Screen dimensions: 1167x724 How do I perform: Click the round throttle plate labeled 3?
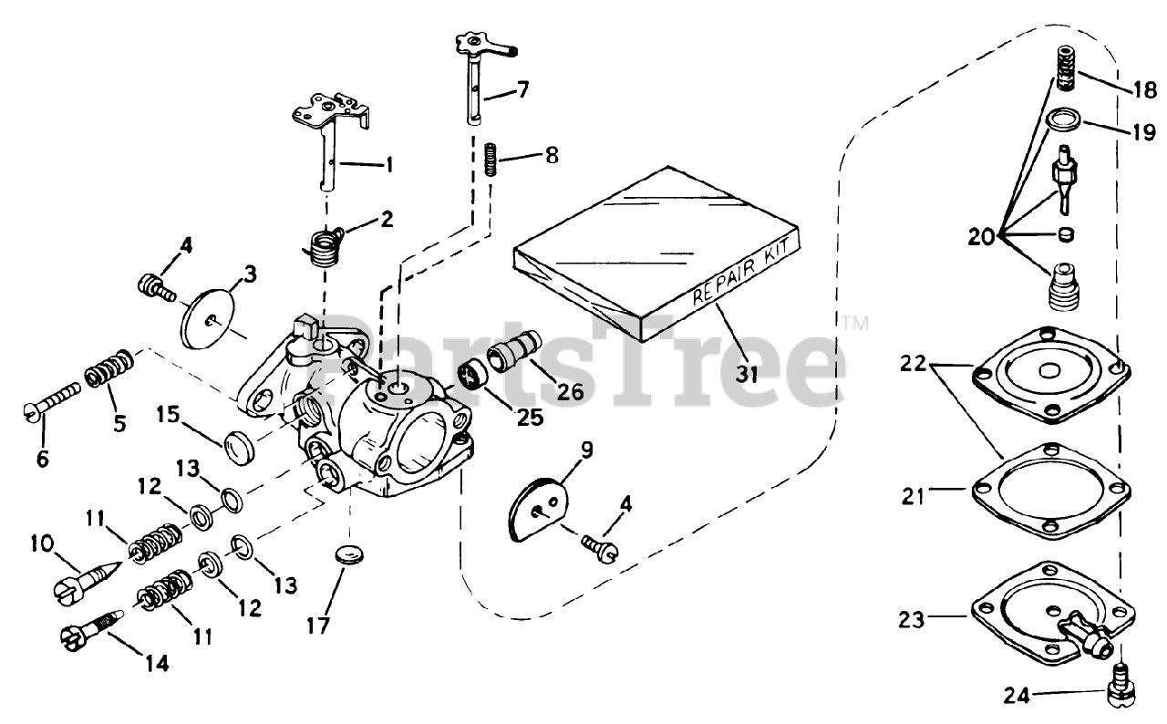[210, 312]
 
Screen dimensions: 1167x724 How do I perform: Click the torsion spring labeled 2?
[319, 246]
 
